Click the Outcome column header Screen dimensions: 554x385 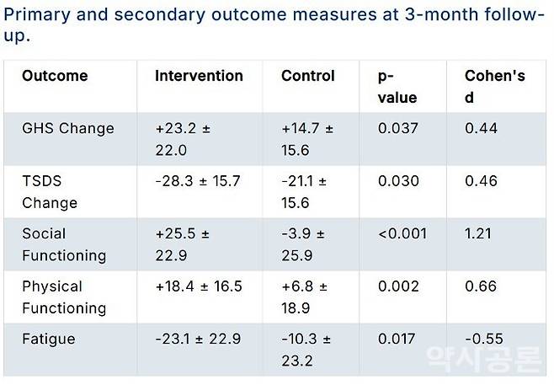tap(55, 76)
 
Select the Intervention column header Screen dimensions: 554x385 tap(199, 76)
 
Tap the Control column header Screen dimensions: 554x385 tap(308, 76)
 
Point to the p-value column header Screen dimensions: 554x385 tap(397, 87)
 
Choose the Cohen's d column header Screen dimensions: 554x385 tap(495, 87)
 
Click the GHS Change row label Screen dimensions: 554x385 tap(68, 128)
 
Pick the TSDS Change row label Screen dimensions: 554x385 tap(50, 191)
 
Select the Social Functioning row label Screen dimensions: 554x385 tap(64, 244)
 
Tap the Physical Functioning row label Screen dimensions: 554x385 tap(64, 297)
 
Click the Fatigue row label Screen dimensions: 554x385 tap(48, 339)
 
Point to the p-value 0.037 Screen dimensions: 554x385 tap(398, 128)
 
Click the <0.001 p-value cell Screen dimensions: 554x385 tap(402, 233)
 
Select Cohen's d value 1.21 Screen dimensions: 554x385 tap(477, 233)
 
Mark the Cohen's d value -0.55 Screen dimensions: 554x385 tap(483, 339)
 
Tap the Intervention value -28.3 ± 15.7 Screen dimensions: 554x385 tap(198, 180)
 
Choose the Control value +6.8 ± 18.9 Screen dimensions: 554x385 tap(305, 297)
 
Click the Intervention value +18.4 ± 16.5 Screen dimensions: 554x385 tap(199, 286)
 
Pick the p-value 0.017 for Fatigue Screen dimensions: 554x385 tap(397, 339)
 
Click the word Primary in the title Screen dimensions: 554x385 tap(37, 15)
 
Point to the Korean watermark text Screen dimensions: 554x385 tap(483, 359)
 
